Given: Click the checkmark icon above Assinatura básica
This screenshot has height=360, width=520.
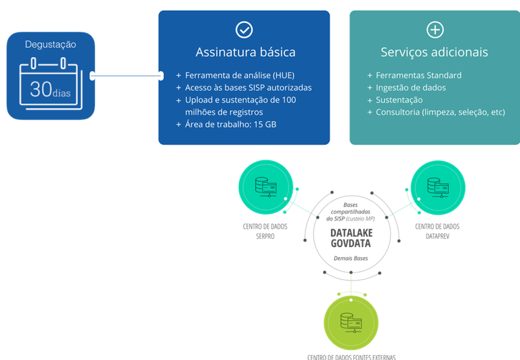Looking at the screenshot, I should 244,29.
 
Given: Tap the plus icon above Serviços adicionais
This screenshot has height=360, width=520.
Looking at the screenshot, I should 435,29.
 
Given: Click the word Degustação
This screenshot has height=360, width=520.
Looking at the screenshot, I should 51,45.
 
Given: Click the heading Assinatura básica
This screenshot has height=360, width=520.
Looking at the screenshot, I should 245,52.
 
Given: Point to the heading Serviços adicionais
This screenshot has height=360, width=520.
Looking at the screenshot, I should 434,52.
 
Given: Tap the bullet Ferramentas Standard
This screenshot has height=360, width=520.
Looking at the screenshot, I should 418,75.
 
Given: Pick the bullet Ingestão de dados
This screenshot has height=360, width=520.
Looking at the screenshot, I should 410,87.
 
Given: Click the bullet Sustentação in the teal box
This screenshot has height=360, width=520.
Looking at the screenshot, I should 404,99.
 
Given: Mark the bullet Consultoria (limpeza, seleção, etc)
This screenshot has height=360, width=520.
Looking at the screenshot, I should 440,112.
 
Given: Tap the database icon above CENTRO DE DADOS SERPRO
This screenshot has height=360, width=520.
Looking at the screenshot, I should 263,186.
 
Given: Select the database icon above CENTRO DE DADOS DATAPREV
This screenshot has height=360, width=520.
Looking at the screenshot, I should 436,186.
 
